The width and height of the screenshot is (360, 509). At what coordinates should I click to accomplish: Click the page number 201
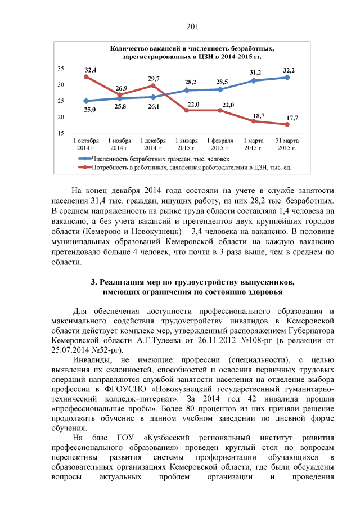tap(193, 26)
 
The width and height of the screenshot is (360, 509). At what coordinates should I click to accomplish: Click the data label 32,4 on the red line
tap(91, 70)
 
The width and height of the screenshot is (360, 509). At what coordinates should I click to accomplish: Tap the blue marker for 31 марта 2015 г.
tap(287, 78)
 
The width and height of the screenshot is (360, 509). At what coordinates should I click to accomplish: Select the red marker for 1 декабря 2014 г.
tap(153, 85)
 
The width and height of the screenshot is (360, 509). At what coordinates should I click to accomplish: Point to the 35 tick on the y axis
tap(60, 68)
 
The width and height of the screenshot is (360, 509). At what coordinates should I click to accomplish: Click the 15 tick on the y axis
tap(60, 133)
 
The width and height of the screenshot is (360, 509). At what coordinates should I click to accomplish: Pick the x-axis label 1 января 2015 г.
tap(187, 144)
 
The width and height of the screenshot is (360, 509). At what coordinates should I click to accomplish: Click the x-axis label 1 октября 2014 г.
tap(86, 144)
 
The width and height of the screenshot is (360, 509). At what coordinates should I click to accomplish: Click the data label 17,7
tap(292, 118)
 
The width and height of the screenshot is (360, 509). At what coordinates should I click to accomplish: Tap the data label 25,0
tap(90, 110)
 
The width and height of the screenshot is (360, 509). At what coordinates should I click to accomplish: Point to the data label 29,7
tap(154, 78)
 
